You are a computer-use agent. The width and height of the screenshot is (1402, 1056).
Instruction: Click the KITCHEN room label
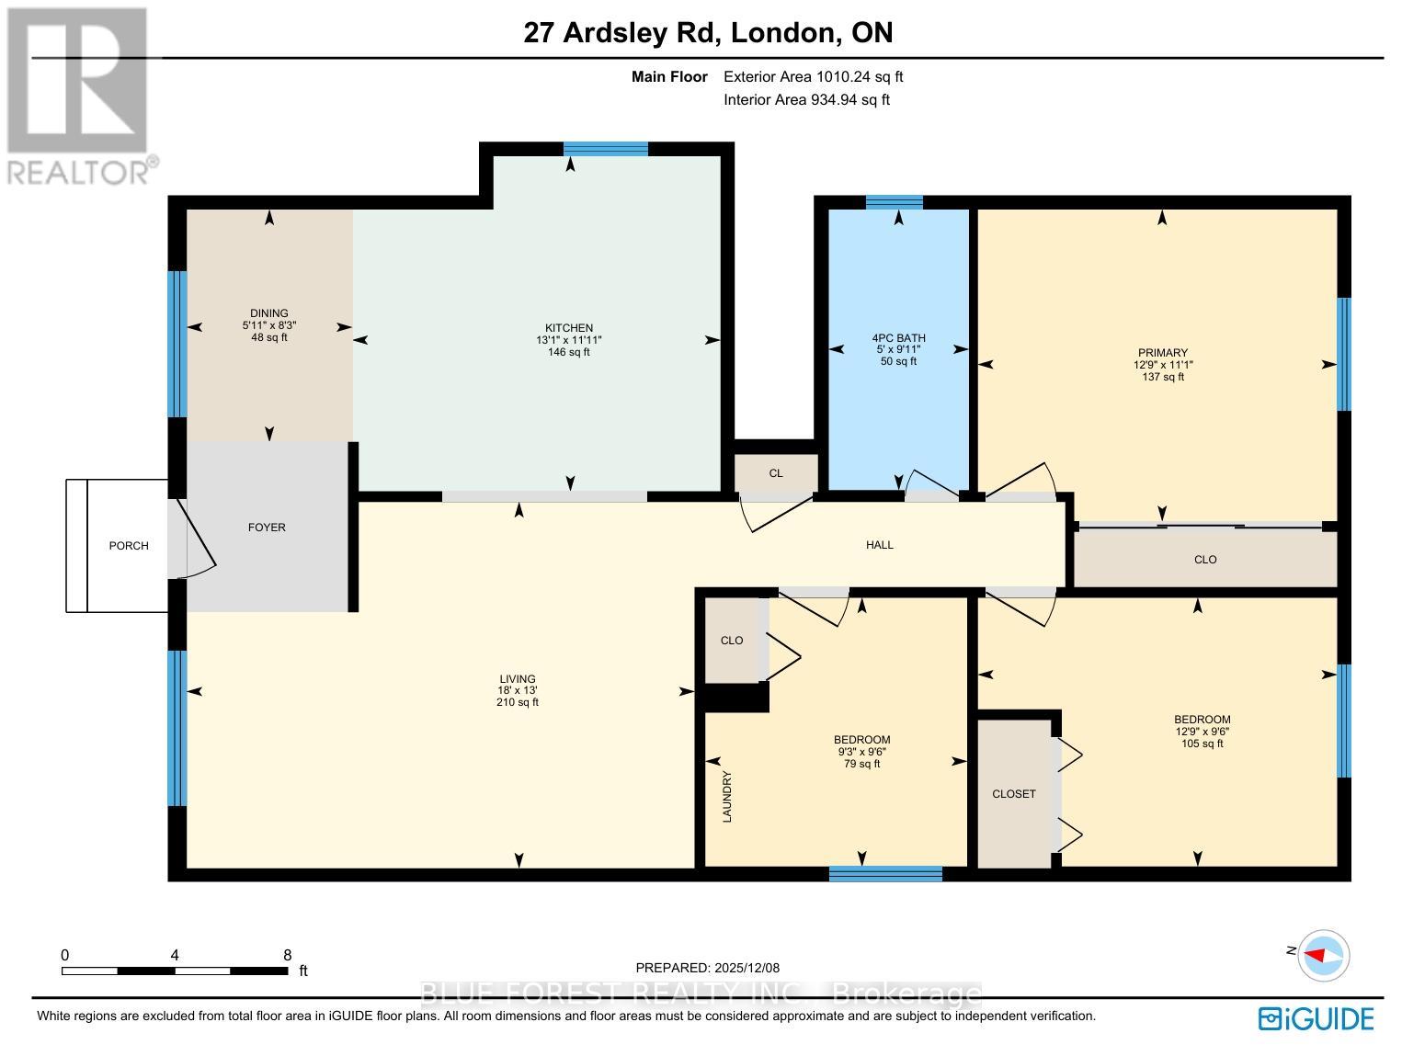[x=569, y=328]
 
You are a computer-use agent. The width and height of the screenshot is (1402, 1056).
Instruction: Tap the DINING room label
[x=268, y=313]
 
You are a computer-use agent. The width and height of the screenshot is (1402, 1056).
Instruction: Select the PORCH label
[x=129, y=546]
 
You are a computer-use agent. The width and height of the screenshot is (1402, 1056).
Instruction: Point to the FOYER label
[x=267, y=528]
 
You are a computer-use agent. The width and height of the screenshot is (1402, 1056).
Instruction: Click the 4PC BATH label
[x=898, y=337]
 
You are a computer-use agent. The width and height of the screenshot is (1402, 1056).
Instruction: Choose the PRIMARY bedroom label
[x=1162, y=353]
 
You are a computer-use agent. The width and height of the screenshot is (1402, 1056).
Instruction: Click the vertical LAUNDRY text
[x=727, y=796]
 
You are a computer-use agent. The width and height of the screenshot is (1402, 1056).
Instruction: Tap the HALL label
[x=880, y=545]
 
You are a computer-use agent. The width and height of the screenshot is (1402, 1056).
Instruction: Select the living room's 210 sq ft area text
[x=519, y=702]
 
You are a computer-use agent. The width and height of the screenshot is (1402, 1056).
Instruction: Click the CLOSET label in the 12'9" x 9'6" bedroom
[x=1014, y=794]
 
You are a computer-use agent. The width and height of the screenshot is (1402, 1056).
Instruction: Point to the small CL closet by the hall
[x=776, y=473]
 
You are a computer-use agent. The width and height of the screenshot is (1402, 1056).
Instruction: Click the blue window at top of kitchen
[x=605, y=149]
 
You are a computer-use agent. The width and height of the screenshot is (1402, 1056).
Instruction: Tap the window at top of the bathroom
[x=894, y=202]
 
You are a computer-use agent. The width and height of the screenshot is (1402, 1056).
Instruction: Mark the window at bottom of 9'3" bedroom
[x=885, y=874]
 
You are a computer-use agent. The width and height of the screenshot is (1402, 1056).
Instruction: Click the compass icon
[x=1325, y=953]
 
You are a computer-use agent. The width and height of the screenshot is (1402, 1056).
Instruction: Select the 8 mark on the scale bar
[x=288, y=955]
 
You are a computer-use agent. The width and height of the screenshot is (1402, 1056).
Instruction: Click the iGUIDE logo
[x=1317, y=1018]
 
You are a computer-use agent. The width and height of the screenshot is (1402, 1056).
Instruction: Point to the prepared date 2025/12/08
[x=707, y=968]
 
